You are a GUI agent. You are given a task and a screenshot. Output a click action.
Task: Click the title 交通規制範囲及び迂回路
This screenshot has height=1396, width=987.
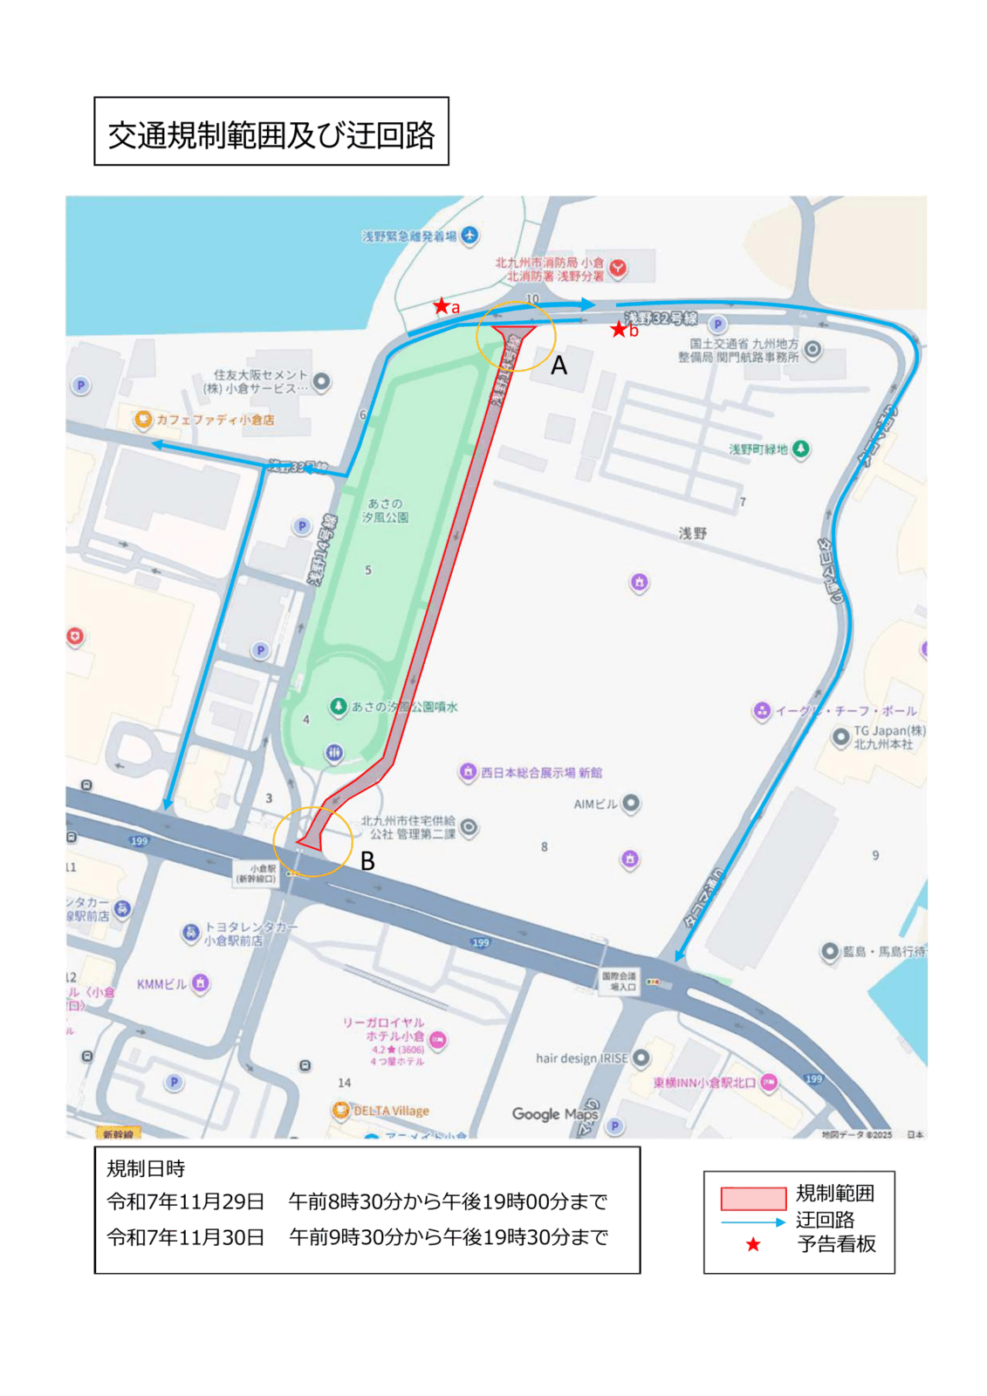point(271,133)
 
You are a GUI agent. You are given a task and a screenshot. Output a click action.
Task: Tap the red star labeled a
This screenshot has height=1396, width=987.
point(442,306)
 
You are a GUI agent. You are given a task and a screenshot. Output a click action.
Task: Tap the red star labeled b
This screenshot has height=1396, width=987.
point(619,329)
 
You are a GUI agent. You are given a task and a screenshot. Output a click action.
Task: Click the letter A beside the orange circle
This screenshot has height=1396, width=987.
point(559,366)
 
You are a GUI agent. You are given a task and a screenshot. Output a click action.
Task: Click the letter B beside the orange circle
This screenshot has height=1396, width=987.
point(367,861)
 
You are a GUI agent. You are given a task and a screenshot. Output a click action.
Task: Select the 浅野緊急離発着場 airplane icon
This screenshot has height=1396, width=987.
point(470,236)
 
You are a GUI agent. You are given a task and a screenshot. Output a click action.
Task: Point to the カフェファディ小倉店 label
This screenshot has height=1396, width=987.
point(215,420)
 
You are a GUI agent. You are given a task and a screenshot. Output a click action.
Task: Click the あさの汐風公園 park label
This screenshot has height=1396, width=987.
point(385,510)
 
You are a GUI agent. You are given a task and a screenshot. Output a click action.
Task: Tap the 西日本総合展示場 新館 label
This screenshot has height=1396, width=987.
point(541,772)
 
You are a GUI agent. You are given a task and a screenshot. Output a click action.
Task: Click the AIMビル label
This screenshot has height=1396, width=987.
point(595,804)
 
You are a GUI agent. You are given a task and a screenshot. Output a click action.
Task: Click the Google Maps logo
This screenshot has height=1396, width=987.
point(554,1113)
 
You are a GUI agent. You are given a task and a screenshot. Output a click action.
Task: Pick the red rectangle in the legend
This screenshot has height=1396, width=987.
point(753,1198)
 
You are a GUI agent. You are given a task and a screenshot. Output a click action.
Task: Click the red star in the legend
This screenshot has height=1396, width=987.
point(753,1245)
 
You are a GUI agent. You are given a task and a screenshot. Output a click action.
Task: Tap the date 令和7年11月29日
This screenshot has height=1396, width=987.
point(185,1201)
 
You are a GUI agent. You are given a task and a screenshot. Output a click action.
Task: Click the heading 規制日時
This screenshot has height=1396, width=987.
point(146,1168)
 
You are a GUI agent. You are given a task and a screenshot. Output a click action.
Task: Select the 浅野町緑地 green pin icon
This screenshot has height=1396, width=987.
point(800,449)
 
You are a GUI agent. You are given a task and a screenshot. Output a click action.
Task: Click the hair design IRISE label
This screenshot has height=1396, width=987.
point(581,1058)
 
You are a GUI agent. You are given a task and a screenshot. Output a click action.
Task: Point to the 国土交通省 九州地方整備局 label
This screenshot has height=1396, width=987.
point(738,351)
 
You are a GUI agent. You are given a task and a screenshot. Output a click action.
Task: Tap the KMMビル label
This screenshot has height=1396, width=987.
point(161,984)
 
